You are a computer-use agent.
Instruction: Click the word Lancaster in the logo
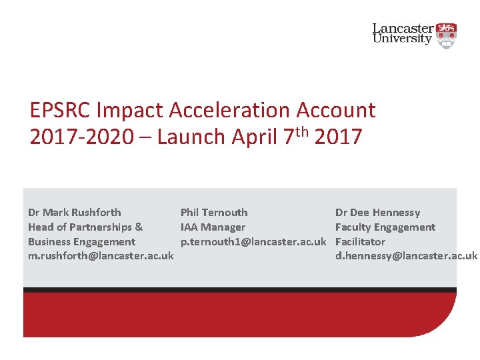click(x=403, y=29)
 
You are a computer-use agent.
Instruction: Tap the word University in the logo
click(x=402, y=39)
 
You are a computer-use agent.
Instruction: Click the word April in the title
click(x=255, y=137)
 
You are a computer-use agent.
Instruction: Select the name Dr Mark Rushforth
click(x=75, y=213)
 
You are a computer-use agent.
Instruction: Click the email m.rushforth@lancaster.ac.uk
click(x=101, y=257)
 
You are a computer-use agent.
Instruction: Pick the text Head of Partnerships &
click(x=85, y=227)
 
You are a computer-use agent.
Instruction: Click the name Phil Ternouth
click(x=214, y=213)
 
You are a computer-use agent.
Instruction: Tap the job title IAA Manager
click(x=213, y=227)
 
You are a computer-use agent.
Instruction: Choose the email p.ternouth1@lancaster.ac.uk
click(x=253, y=242)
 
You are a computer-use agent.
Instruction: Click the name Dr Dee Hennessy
click(x=377, y=213)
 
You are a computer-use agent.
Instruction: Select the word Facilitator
click(x=360, y=242)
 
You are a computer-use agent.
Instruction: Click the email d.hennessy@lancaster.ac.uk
click(x=406, y=257)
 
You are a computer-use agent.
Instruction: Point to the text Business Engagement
click(x=81, y=242)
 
